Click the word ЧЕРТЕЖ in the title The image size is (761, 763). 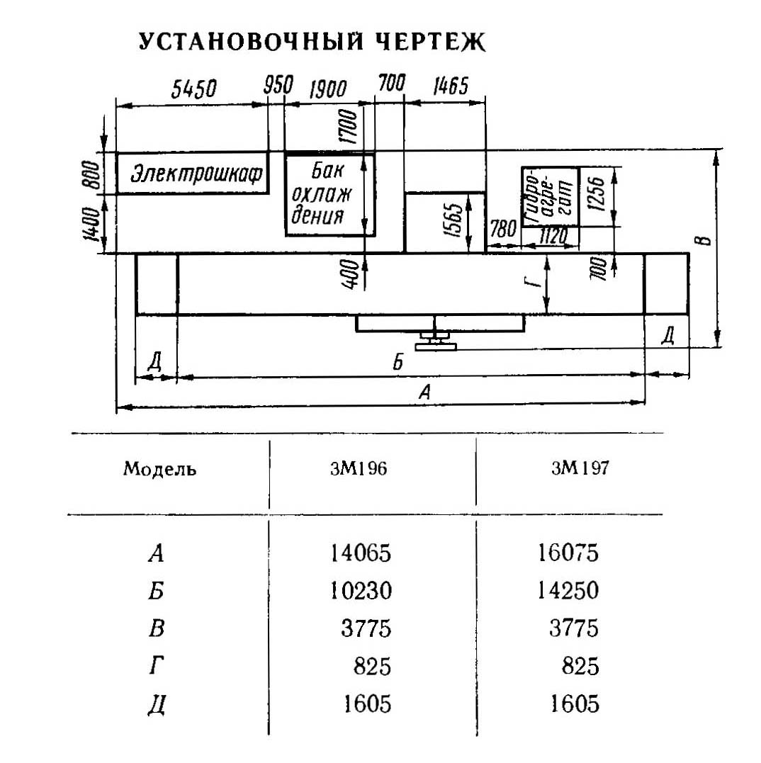tap(431, 42)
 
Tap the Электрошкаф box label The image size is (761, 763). tap(196, 174)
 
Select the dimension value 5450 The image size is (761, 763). tap(193, 89)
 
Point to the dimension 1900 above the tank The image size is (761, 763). tap(328, 89)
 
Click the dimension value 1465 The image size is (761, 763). tap(451, 86)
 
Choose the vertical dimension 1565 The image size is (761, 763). tap(453, 220)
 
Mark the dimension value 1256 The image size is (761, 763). tap(596, 194)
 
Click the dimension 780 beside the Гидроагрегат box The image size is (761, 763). tap(502, 228)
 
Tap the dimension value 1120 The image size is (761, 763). tap(553, 236)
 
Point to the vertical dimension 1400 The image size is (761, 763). tap(91, 223)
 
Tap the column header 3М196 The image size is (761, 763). tap(359, 468)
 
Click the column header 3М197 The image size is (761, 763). tap(580, 468)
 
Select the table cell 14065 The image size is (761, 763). tap(361, 553)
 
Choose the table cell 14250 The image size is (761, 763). tap(568, 590)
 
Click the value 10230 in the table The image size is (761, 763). tap(361, 591)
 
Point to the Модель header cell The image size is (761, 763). tap(159, 469)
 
